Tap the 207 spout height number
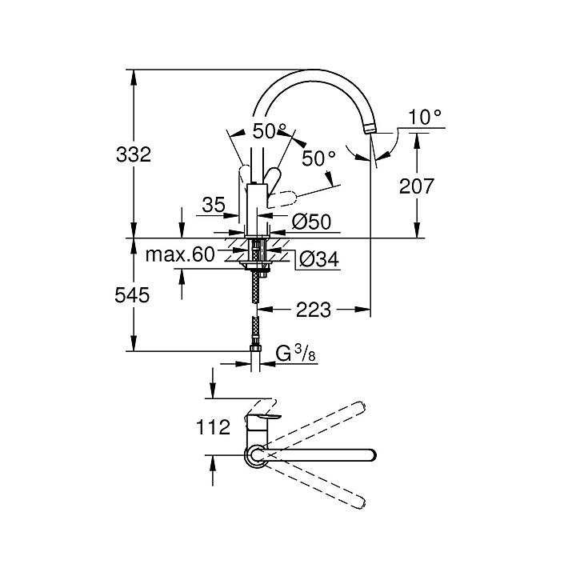pos(416,186)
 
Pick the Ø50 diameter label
pos(311,222)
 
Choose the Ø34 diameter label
pos(318,258)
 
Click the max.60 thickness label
pos(180,255)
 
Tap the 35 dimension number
pos(214,206)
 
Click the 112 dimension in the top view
pos(214,426)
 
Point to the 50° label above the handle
pos(270,130)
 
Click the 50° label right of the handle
pos(318,158)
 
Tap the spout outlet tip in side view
pos(371,128)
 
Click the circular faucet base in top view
pos(256,454)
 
